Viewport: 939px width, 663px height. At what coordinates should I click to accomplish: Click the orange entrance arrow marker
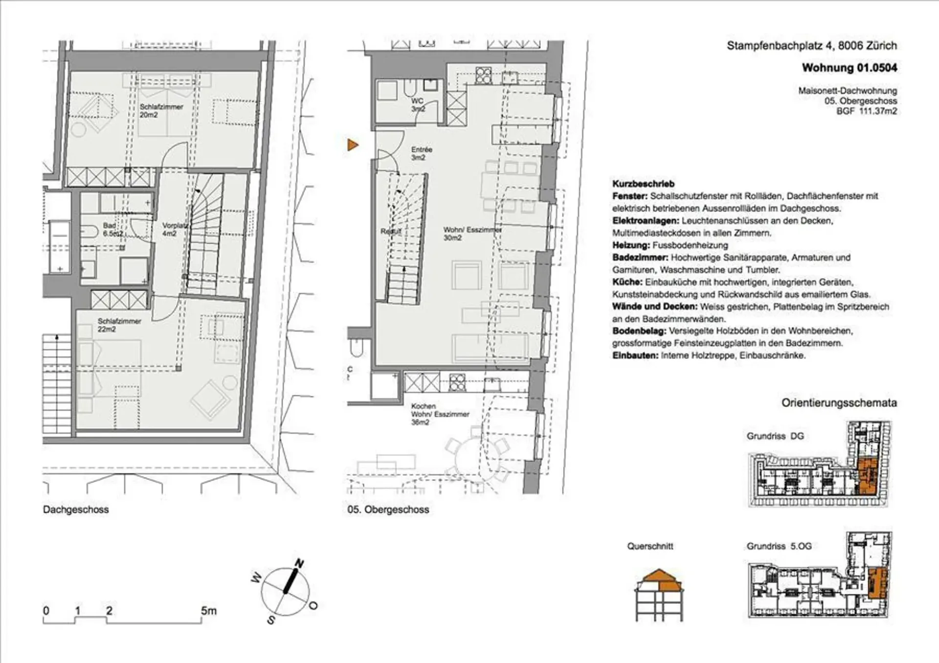(x=353, y=145)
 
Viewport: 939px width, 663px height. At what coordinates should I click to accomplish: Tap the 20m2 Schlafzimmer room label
(x=161, y=110)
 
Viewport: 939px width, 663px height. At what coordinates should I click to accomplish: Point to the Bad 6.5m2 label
(x=112, y=230)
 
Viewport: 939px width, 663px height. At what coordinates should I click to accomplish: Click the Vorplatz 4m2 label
(x=175, y=230)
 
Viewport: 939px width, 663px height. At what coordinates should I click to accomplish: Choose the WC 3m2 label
(x=418, y=105)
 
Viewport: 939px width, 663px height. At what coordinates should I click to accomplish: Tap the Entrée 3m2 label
(x=422, y=154)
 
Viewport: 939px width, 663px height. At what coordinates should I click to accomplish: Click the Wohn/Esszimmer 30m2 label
(x=472, y=234)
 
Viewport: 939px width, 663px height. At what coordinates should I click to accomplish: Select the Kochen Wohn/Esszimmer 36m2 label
(x=440, y=414)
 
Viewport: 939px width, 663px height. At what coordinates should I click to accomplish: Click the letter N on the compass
(x=299, y=564)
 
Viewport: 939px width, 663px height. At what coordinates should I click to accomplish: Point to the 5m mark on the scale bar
(x=208, y=611)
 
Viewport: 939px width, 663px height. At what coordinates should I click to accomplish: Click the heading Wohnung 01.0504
(x=850, y=68)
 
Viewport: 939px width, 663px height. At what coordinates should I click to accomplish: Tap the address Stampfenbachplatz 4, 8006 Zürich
(x=812, y=46)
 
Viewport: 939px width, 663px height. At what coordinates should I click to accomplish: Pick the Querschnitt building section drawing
(x=659, y=595)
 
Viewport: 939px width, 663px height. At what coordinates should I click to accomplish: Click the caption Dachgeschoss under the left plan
(x=76, y=509)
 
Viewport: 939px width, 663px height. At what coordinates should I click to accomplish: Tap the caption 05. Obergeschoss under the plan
(x=388, y=509)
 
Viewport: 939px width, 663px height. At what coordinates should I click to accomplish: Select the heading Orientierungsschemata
(x=839, y=403)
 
